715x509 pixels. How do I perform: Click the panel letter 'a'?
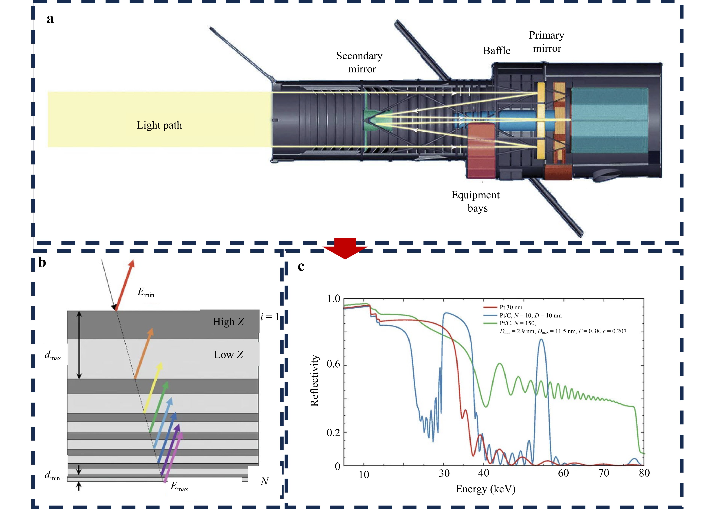pos(50,19)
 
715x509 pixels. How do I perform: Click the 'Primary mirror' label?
pos(547,42)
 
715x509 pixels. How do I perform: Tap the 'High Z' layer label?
pos(228,322)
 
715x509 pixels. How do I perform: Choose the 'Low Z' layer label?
pos(228,355)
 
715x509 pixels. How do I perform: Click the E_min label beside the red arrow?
pos(146,293)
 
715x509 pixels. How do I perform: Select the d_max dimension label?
pos(53,355)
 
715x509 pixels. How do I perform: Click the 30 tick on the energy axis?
pos(444,473)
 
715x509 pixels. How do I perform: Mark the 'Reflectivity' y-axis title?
pos(314,381)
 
